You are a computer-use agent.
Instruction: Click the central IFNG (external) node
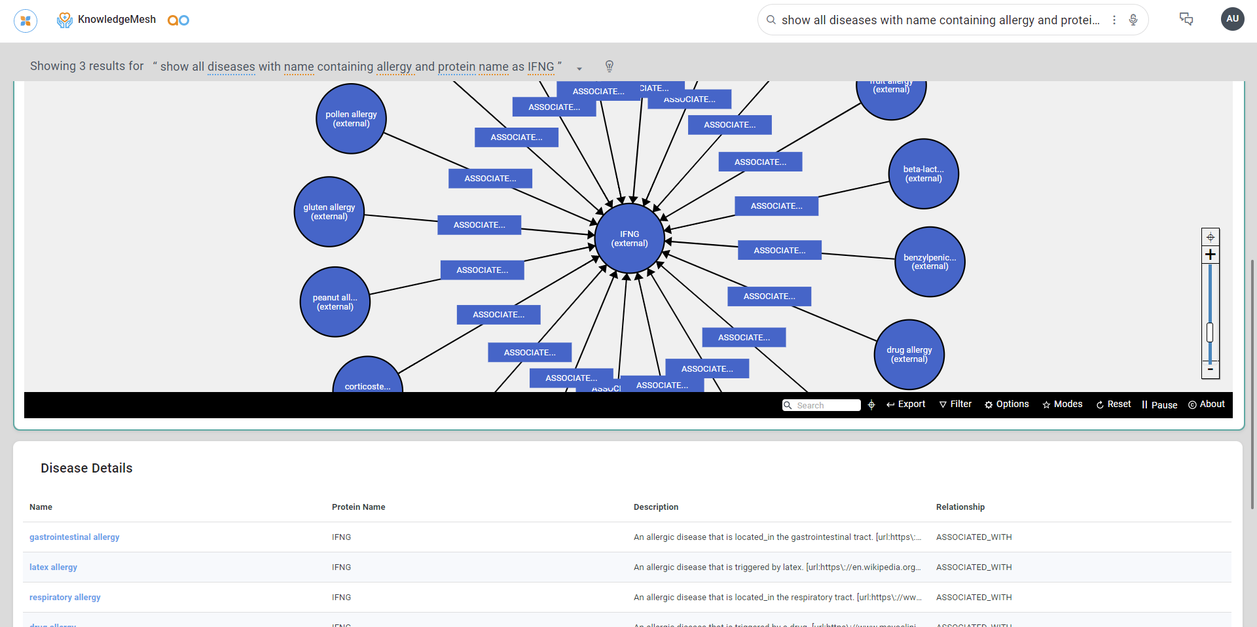630,239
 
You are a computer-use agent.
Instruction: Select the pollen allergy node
351,118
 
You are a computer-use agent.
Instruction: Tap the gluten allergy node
329,211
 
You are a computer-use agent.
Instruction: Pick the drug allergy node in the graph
909,354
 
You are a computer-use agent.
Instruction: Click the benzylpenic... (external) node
930,262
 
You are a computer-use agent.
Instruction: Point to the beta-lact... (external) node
923,173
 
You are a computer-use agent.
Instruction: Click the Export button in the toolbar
906,404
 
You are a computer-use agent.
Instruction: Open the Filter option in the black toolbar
956,404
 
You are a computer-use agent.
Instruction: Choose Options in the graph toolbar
1007,404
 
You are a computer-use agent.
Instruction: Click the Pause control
1159,405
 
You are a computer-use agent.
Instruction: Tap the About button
1207,404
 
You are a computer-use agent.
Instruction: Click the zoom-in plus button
1211,255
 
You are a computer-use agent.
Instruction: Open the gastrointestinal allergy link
75,537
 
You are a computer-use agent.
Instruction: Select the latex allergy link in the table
53,567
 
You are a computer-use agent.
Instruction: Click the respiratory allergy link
65,598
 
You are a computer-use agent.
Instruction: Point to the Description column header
656,507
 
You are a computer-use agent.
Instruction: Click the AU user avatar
1232,19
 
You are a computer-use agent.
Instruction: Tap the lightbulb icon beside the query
610,66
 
